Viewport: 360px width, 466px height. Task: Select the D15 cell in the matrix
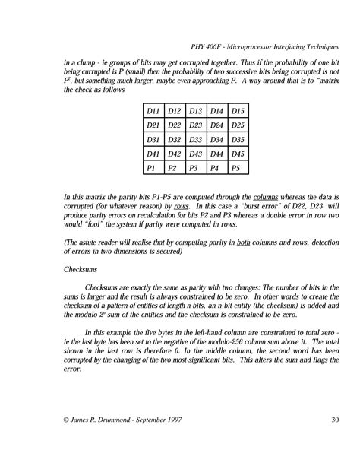(x=237, y=111)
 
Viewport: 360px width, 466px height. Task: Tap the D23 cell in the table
(x=195, y=125)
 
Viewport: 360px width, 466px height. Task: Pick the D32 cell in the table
(x=174, y=139)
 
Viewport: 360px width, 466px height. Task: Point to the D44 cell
(x=216, y=154)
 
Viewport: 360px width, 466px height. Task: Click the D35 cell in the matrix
(x=237, y=139)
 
